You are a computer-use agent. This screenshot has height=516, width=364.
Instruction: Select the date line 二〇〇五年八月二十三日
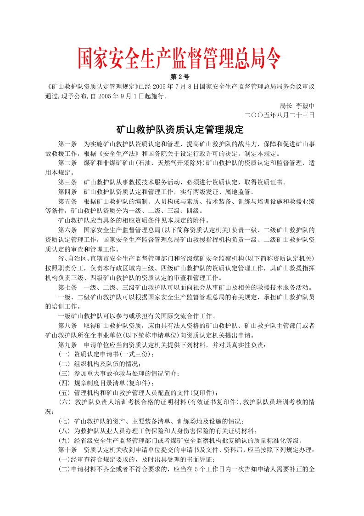point(280,115)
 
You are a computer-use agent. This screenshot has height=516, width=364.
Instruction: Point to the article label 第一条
point(67,144)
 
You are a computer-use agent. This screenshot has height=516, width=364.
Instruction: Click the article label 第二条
point(67,163)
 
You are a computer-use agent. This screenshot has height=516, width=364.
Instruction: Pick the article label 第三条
point(67,182)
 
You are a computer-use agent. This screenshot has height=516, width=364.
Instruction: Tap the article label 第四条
point(67,191)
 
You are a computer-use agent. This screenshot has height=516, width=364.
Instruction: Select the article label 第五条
point(67,201)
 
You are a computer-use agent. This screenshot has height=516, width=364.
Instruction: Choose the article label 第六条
point(67,229)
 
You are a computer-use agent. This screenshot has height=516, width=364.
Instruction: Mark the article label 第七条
point(67,287)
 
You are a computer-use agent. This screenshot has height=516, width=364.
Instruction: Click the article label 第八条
point(67,325)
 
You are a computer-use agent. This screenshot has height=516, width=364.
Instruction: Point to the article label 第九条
point(67,344)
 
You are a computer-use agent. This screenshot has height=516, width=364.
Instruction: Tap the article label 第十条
point(67,450)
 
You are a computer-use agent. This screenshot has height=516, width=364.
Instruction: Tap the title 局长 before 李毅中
point(286,105)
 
